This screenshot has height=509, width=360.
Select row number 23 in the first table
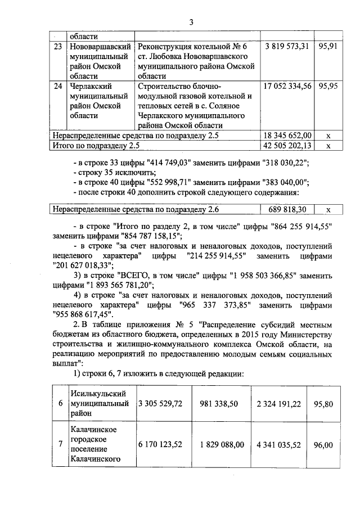57,46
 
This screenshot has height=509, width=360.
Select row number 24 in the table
57,87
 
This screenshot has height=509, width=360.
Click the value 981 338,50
221,404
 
